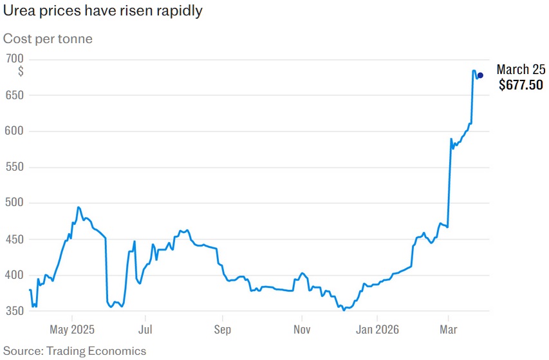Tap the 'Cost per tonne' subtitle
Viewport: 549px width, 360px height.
pos(48,39)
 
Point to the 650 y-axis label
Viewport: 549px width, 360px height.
pos(14,95)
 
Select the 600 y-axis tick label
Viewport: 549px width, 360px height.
pos(14,131)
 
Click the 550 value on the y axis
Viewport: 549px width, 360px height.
pos(14,167)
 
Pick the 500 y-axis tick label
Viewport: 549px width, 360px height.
pos(14,204)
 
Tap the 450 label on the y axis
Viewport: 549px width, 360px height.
pos(14,240)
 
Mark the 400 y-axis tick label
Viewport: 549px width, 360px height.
pos(14,276)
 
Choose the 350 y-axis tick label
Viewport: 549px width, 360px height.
pos(14,312)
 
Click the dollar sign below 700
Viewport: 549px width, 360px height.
pos(21,71)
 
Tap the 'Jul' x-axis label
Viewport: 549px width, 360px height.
pos(145,330)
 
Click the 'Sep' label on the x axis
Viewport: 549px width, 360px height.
pos(223,330)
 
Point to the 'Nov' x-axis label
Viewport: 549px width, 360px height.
pos(302,330)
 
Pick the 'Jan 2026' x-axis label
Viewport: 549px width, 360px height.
pos(377,330)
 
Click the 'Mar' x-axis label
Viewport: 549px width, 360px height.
pos(449,330)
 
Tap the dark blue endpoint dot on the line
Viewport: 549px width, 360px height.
pos(480,75)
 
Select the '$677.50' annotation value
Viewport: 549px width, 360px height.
pos(521,84)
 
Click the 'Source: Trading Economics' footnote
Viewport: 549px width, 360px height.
pos(75,351)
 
